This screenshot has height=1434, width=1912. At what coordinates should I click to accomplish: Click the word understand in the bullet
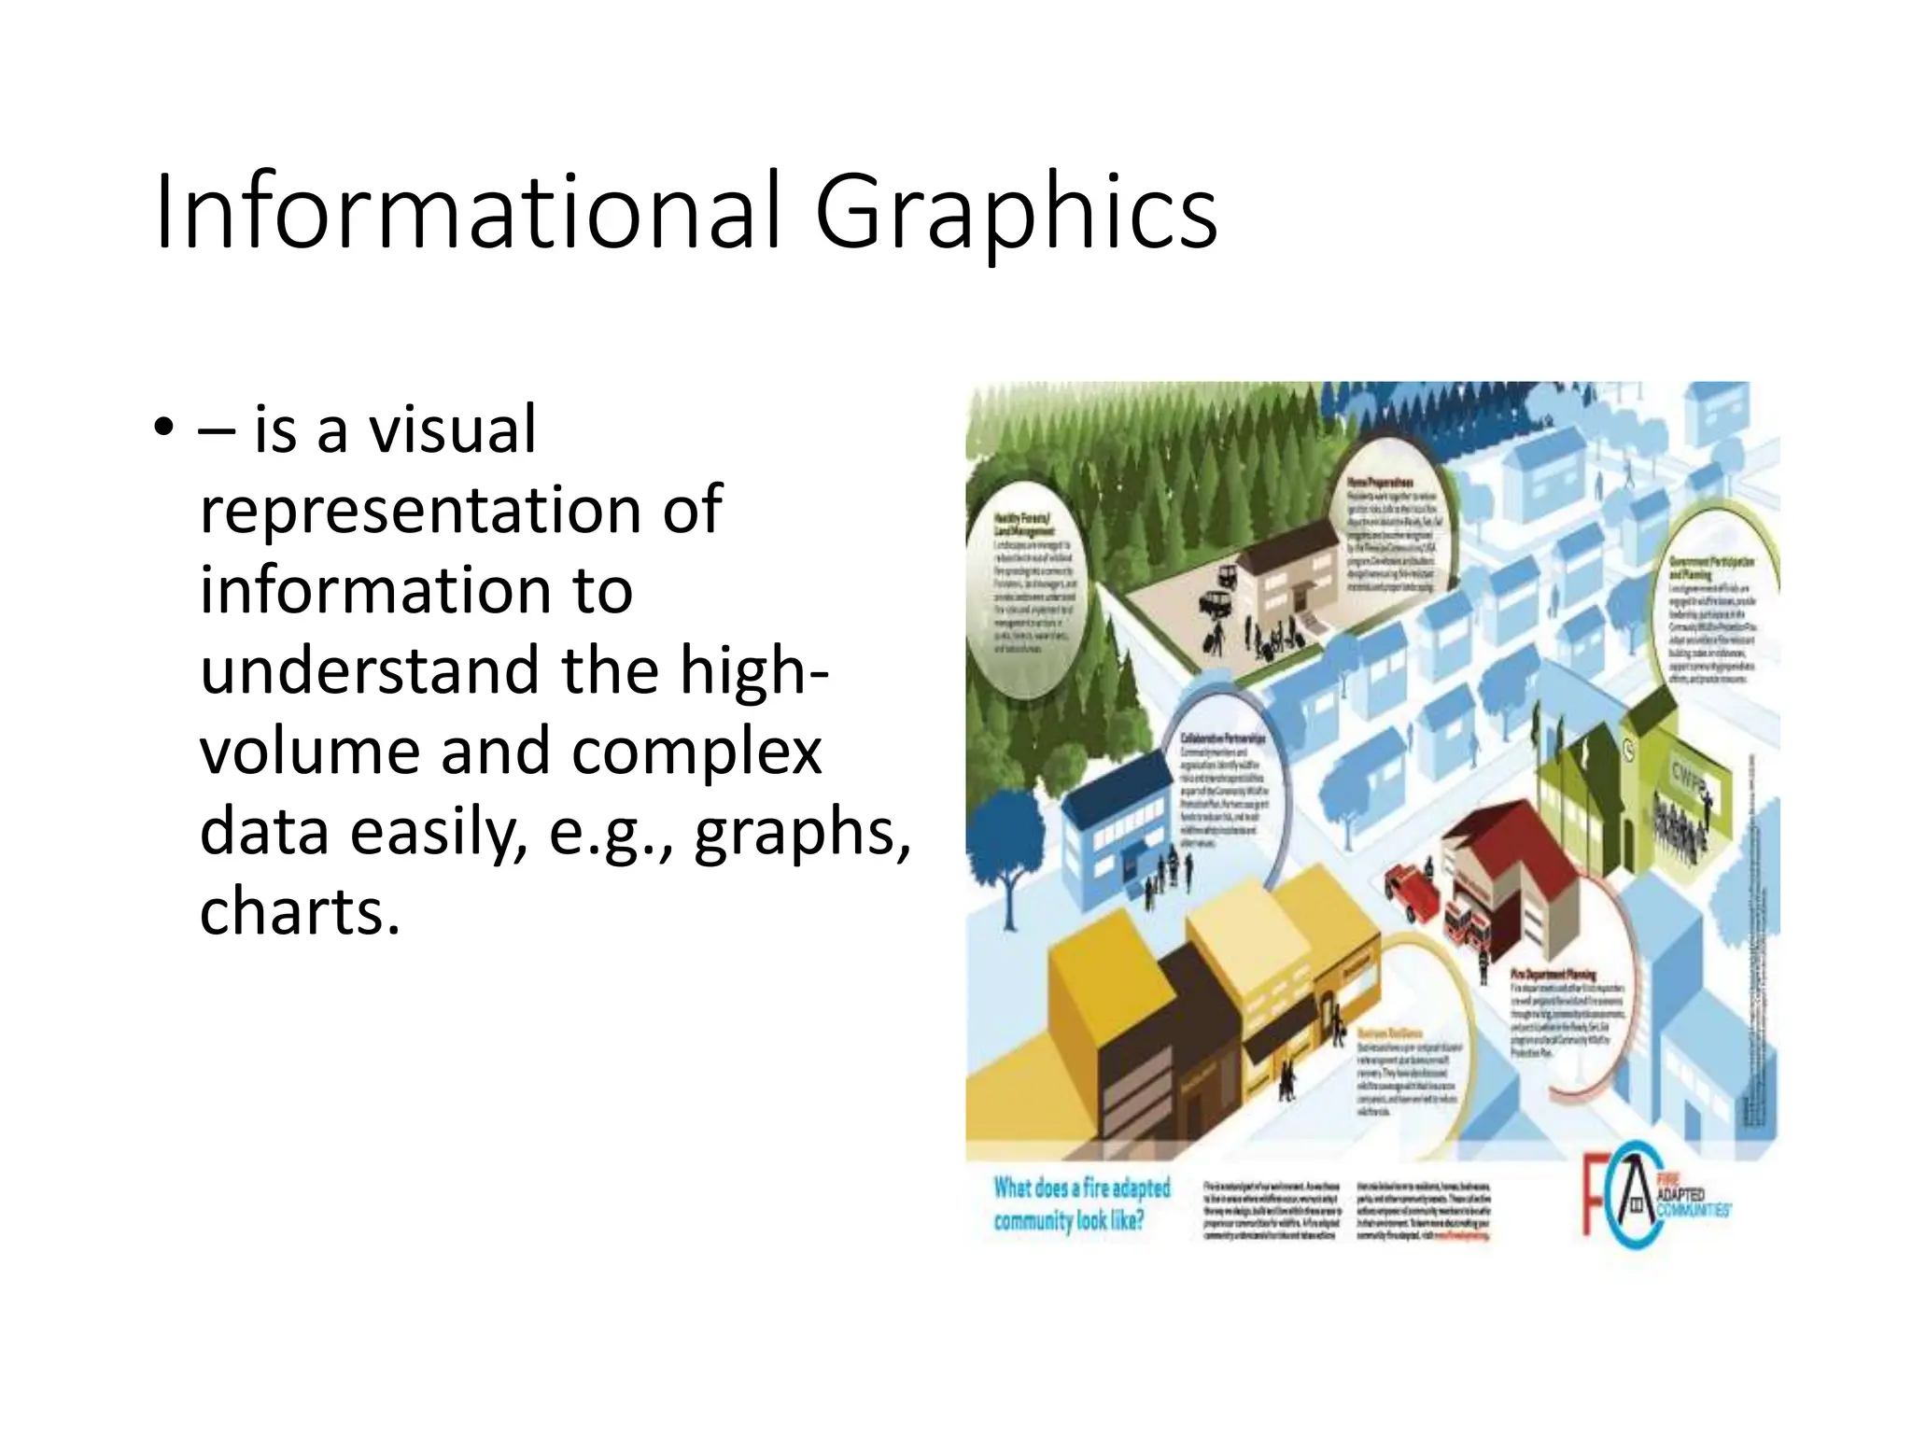point(370,670)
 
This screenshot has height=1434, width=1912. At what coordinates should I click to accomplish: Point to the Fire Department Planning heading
point(1553,975)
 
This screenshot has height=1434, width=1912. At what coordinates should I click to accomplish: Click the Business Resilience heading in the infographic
point(1390,1033)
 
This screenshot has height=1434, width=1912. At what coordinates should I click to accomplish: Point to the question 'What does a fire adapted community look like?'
point(1081,1204)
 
